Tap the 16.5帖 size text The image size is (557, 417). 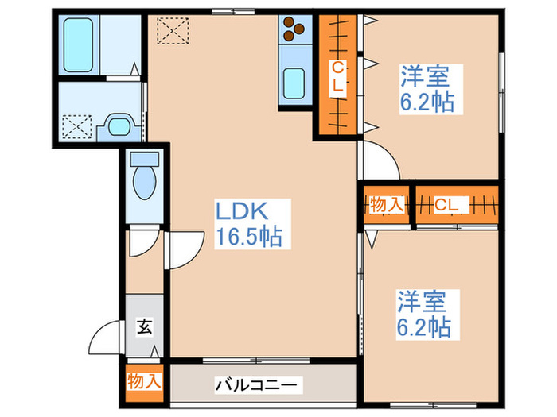point(249,237)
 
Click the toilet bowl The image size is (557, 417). point(145,182)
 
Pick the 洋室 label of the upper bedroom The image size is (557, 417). point(424,77)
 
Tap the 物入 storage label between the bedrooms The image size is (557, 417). point(387,205)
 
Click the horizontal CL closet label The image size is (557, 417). point(447,205)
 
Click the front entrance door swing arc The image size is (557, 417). point(105,340)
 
